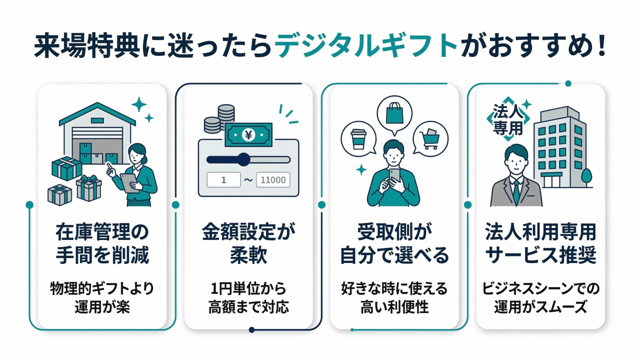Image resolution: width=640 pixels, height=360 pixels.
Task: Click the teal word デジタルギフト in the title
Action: coord(366,46)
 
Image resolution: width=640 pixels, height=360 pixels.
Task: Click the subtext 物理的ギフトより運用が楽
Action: coord(102,297)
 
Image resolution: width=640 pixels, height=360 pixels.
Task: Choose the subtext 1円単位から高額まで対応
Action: coord(248,297)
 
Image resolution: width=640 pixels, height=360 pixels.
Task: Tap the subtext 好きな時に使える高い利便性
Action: coord(394,297)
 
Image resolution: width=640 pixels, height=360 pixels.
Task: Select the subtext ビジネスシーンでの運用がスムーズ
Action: coord(540,297)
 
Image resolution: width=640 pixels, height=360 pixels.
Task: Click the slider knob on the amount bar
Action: coord(243,159)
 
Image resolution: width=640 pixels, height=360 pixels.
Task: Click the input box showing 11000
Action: coord(273,180)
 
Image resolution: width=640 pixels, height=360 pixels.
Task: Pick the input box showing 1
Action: coord(223,180)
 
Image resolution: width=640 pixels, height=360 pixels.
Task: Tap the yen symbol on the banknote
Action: coord(248,134)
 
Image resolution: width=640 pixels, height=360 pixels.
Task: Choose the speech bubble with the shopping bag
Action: coord(394,113)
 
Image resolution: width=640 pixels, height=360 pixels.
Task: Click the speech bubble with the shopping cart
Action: coord(431,136)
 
